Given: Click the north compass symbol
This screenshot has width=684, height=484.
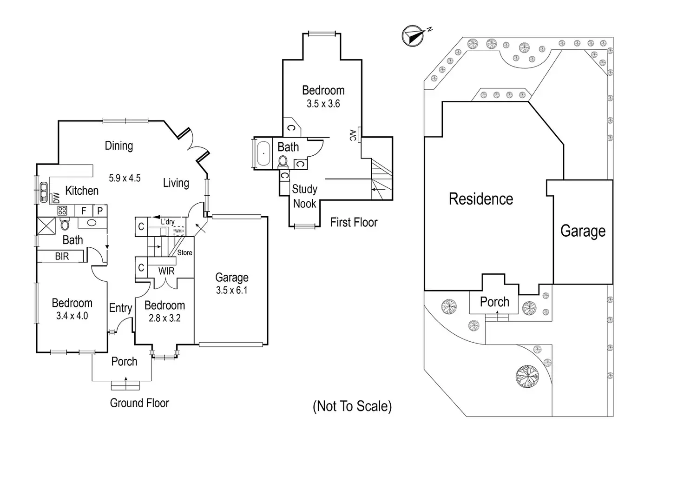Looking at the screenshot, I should coord(413,36).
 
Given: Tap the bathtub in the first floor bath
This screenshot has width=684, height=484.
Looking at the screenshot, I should coord(263,152).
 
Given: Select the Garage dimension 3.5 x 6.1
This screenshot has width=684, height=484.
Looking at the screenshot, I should coord(231,291).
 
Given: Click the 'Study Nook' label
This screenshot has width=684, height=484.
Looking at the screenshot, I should coord(304,196).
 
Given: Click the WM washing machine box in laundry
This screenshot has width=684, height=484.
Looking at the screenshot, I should coord(178,231).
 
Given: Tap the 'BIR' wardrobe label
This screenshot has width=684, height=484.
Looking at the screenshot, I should coord(62,256).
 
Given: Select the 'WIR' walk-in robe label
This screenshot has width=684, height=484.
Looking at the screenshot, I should coord(166,271).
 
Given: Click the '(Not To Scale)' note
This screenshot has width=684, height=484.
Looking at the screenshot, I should coord(352,406).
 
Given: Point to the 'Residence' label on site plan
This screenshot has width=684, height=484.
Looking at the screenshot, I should coord(481,199).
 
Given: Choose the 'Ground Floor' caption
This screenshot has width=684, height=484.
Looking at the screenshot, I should coord(139,403).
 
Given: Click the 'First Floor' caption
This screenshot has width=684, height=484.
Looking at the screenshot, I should coord(354,222).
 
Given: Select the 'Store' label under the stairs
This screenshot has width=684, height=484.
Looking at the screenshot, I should coord(184,252).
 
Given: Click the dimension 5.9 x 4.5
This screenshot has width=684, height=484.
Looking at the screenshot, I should coord(125,178).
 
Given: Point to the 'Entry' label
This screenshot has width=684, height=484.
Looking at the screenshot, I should coord(120,308).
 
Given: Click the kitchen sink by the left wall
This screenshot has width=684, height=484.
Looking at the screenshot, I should coord(44,192).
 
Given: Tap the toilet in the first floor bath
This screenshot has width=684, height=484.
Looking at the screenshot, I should coord(283,161).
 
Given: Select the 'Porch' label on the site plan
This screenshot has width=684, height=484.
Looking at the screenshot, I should coord(494,302).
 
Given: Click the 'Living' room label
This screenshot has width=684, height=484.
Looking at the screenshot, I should coord(176,183).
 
